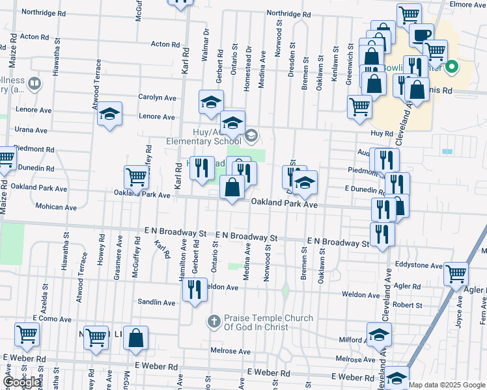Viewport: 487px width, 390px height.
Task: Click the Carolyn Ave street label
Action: click(157, 97)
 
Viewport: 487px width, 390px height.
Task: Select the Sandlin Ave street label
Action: click(156, 302)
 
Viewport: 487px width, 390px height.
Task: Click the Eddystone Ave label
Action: click(419, 265)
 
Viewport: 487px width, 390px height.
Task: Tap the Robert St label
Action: click(408, 305)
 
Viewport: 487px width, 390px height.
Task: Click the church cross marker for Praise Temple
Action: click(214, 321)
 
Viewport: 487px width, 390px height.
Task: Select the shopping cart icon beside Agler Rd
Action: click(456, 273)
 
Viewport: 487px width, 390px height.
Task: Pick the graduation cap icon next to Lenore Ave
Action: click(110, 114)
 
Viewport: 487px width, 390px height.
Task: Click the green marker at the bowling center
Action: click(450, 67)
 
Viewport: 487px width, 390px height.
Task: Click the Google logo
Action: click(22, 382)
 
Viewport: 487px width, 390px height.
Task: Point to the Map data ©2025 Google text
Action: click(447, 385)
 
